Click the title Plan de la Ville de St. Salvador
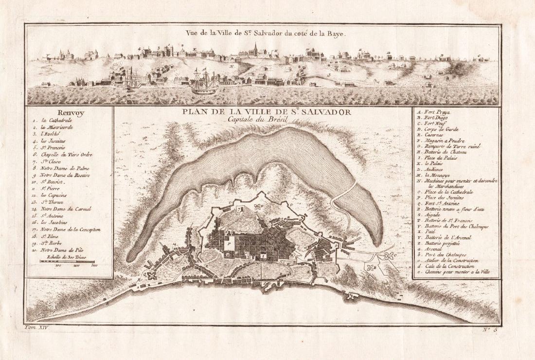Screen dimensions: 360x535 (x=266, y=111)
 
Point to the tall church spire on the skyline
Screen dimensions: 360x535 (x=256, y=48)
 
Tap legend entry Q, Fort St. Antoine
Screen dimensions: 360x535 (x=438, y=204)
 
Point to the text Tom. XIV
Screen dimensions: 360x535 (x=37, y=329)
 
